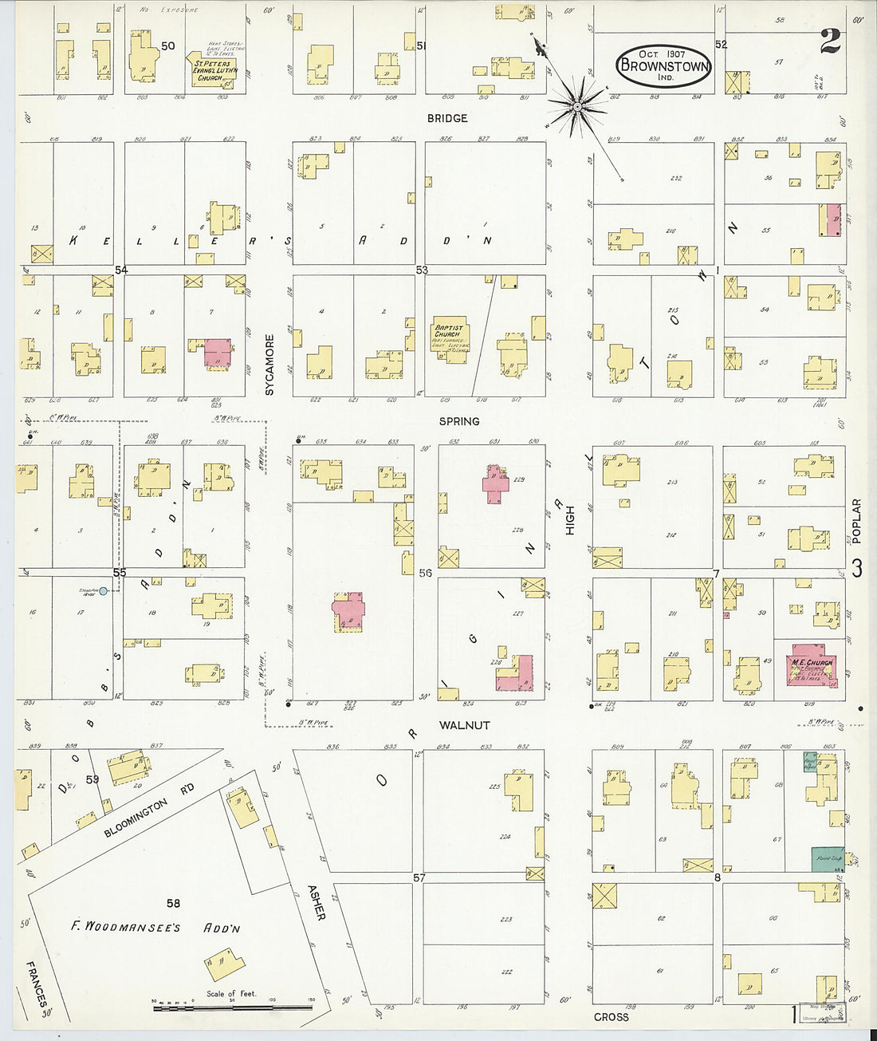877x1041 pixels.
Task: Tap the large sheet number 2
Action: pyautogui.click(x=831, y=41)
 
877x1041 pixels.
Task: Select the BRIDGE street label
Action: pyautogui.click(x=447, y=118)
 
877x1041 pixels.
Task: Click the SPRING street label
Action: pyautogui.click(x=459, y=421)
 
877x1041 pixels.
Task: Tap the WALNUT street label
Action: pyautogui.click(x=465, y=725)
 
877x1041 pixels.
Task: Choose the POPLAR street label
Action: pyautogui.click(x=857, y=521)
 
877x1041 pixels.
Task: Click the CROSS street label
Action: pyautogui.click(x=612, y=1017)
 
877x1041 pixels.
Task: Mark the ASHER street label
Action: pyautogui.click(x=317, y=902)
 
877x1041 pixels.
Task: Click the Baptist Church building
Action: pyautogui.click(x=449, y=341)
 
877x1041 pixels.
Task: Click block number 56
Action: pyautogui.click(x=425, y=573)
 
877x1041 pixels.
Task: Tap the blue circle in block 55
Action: pyautogui.click(x=104, y=591)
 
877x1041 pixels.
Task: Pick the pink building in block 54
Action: pyautogui.click(x=218, y=352)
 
